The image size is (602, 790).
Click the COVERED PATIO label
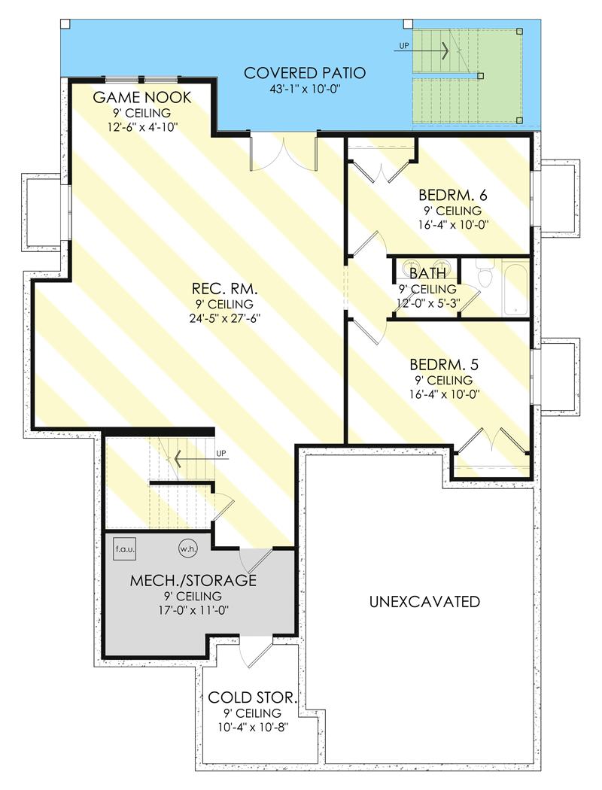point(305,73)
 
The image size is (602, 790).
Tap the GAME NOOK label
point(142,98)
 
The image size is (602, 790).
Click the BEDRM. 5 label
point(443,364)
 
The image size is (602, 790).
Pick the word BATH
point(427,273)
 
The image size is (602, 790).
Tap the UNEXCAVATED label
point(425,601)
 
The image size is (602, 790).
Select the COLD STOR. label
point(252,697)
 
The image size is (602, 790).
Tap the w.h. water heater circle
point(187,548)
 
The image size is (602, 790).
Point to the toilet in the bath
point(485,276)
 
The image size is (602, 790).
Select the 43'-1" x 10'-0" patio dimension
point(305,88)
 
